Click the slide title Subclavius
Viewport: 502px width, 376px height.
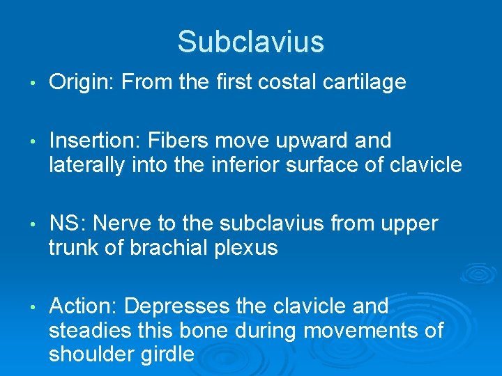(250, 42)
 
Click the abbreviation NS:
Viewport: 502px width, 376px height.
(68, 224)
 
